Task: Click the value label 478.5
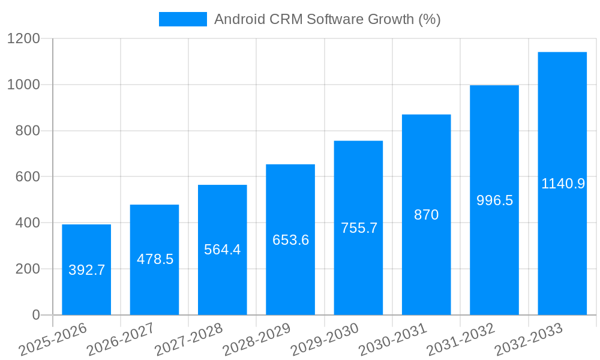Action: click(x=155, y=259)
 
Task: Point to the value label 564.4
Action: click(x=223, y=250)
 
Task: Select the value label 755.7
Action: click(x=359, y=228)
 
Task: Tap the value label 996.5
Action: click(x=494, y=200)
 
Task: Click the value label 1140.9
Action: click(x=563, y=184)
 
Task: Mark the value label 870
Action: click(x=426, y=215)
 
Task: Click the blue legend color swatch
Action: click(x=182, y=19)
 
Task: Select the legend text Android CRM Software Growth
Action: click(x=327, y=19)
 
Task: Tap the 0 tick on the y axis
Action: click(x=35, y=315)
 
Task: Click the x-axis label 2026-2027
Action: click(x=121, y=340)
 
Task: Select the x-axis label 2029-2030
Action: click(x=325, y=340)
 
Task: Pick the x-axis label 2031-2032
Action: click(x=461, y=340)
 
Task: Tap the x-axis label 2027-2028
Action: click(x=188, y=340)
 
